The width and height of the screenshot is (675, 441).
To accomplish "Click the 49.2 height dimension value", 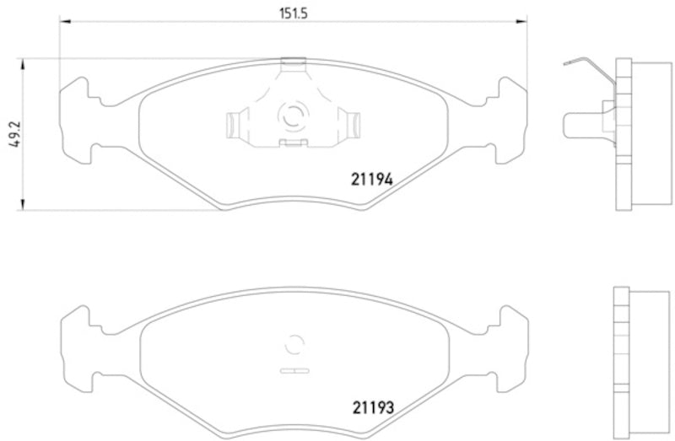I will (x=11, y=133).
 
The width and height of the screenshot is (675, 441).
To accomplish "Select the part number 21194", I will (x=372, y=178).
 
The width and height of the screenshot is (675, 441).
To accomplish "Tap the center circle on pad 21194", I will (x=294, y=116).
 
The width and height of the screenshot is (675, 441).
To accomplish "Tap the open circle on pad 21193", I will (x=294, y=344).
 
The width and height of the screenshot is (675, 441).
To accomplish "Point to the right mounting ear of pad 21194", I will (x=510, y=118).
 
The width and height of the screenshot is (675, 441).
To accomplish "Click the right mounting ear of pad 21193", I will (x=510, y=346).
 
